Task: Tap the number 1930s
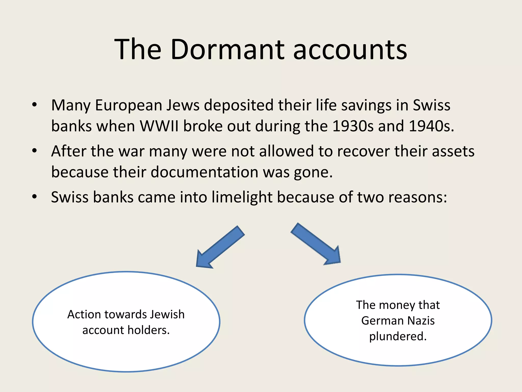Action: (x=353, y=126)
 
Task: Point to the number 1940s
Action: (x=430, y=126)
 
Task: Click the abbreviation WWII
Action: (x=159, y=126)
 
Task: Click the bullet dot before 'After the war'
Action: (x=35, y=151)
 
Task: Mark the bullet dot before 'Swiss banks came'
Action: (x=35, y=197)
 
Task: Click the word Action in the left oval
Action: (x=84, y=314)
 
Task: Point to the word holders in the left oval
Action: (x=149, y=330)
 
